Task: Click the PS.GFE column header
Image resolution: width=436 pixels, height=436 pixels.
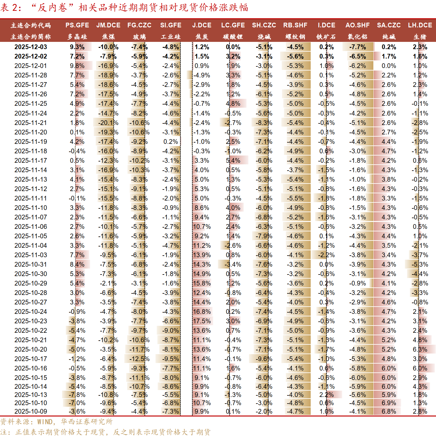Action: (x=77, y=25)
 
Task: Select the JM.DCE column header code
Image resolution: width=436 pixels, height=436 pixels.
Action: (x=108, y=25)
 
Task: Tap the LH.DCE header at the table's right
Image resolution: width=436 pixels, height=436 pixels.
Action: (x=420, y=25)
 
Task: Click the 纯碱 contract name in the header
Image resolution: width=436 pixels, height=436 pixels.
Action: (x=389, y=37)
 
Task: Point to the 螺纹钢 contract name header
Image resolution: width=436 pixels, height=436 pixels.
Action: (x=295, y=37)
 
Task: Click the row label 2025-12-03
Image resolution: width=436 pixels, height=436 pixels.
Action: (x=31, y=47)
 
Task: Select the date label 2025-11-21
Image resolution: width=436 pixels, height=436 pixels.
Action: (x=31, y=123)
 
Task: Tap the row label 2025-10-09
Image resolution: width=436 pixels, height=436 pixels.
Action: (x=31, y=411)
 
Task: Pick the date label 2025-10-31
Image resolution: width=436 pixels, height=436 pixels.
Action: (x=31, y=264)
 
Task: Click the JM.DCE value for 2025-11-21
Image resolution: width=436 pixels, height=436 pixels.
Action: (x=108, y=123)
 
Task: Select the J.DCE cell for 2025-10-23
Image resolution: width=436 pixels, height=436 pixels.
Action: (x=202, y=321)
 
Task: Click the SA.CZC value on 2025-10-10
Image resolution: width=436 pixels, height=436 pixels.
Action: (x=389, y=403)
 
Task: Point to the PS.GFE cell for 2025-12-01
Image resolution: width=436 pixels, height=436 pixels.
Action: (x=77, y=66)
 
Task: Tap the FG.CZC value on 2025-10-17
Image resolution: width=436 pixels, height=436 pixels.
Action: (x=139, y=359)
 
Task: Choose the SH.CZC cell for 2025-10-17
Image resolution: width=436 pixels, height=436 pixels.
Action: (x=264, y=359)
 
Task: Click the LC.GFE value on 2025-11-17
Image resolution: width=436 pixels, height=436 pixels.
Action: (x=233, y=161)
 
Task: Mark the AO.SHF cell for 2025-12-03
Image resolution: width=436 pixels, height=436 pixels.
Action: (x=358, y=47)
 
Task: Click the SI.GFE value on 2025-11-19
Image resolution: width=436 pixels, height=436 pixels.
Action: (x=171, y=142)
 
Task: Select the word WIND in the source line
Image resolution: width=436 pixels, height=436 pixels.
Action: (x=45, y=422)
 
